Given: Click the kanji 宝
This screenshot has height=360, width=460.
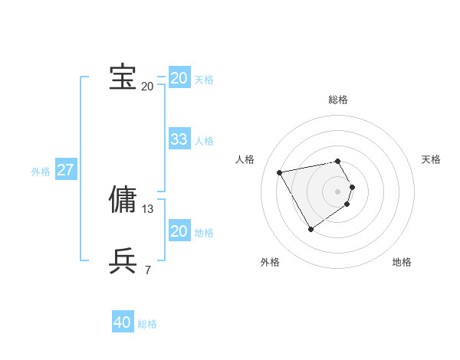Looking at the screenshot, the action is click(123, 77).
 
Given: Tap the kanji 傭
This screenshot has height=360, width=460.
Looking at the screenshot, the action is click(123, 198).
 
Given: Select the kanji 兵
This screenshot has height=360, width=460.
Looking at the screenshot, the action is click(123, 260).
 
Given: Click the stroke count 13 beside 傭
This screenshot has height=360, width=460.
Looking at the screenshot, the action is click(148, 208).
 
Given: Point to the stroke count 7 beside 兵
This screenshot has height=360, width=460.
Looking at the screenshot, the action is click(148, 270).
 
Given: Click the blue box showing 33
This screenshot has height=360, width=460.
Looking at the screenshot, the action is click(179, 139).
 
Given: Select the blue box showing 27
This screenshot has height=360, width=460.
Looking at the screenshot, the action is click(65, 170).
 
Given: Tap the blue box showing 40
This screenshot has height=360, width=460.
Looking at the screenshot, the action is click(123, 323).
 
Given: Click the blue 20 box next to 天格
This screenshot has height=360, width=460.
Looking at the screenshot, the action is click(179, 78).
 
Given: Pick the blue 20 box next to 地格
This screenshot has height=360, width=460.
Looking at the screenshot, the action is click(179, 231).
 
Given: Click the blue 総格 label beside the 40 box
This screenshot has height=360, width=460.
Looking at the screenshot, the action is click(147, 324).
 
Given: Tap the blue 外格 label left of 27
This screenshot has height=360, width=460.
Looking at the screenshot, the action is click(41, 172).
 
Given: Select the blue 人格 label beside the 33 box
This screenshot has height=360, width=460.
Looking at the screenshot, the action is click(204, 141).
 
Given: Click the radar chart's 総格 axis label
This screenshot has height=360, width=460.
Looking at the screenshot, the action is click(338, 100).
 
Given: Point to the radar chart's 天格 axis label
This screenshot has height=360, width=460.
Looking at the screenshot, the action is click(431, 159).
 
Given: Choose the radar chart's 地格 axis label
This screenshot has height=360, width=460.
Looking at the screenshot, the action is click(402, 262).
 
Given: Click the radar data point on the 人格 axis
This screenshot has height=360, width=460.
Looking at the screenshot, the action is click(280, 172).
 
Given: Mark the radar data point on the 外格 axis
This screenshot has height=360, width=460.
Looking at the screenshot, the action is click(310, 228).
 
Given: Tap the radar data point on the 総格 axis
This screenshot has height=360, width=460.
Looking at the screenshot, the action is click(338, 161).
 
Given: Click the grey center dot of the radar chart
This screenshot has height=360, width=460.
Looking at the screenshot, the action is click(338, 191).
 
